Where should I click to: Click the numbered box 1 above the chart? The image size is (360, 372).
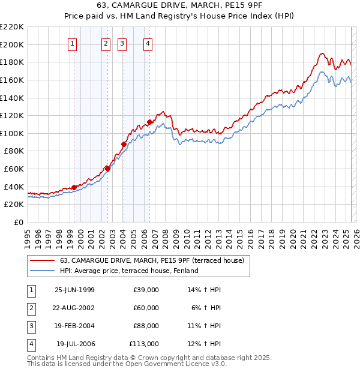pyautogui.click(x=72, y=43)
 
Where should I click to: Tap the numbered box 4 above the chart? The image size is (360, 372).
pyautogui.click(x=147, y=43)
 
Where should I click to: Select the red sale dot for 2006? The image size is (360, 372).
pyautogui.click(x=149, y=122)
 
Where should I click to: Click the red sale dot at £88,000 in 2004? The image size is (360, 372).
pyautogui.click(x=124, y=144)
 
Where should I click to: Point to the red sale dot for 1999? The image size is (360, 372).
pyautogui.click(x=74, y=187)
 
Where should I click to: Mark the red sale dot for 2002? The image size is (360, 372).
pyautogui.click(x=108, y=169)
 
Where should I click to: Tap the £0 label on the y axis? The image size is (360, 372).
pyautogui.click(x=18, y=222)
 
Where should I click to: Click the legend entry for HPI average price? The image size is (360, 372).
pyautogui.click(x=129, y=271)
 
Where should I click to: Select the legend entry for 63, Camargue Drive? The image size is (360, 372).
pyautogui.click(x=152, y=261)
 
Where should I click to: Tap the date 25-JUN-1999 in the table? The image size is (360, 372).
pyautogui.click(x=74, y=290)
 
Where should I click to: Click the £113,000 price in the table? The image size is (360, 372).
pyautogui.click(x=143, y=344)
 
